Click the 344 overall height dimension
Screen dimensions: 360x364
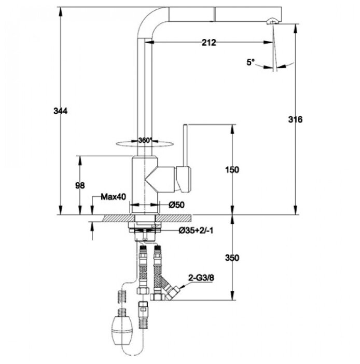pos(61,111)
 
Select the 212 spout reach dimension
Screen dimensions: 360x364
pos(209,43)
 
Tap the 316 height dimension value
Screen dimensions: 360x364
pos(295,119)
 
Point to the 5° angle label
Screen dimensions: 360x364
pos(250,62)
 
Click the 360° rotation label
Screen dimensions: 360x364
pos(145,140)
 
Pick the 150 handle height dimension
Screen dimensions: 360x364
pos(232,170)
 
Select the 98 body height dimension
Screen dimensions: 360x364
pos(80,185)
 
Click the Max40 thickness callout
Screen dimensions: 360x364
pos(114,197)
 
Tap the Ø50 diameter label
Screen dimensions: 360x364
pos(176,205)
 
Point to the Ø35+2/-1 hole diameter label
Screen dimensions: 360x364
pos(196,231)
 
